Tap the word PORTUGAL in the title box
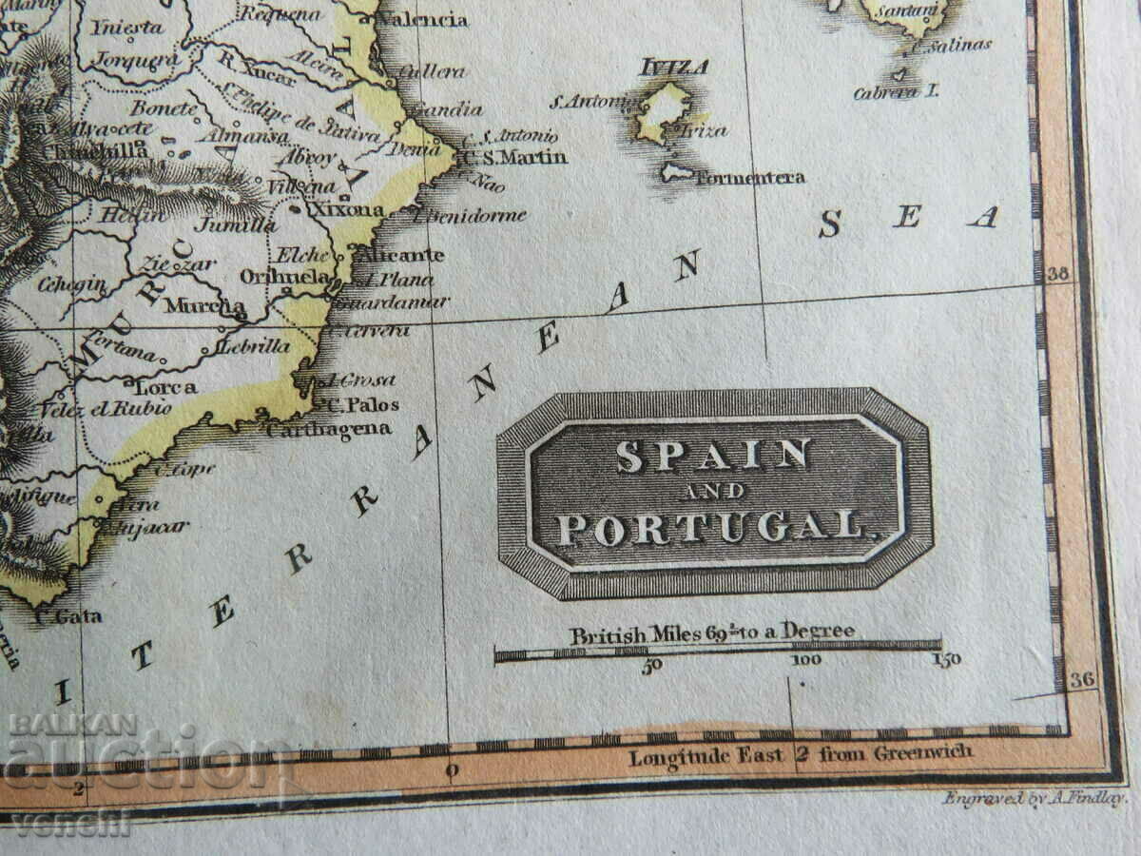point(712,528)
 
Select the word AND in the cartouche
point(713,492)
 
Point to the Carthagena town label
point(329,429)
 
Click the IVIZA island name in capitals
point(674,67)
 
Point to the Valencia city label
point(422,19)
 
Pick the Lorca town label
point(166,387)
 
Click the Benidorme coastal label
point(472,216)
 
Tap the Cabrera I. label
point(896,92)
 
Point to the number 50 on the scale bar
point(651,665)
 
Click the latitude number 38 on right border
point(1058,275)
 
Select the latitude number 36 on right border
point(1082,679)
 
